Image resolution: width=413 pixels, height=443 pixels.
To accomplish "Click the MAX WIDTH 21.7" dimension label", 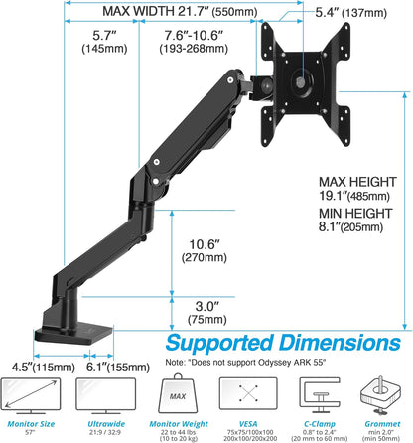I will (185, 13).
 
